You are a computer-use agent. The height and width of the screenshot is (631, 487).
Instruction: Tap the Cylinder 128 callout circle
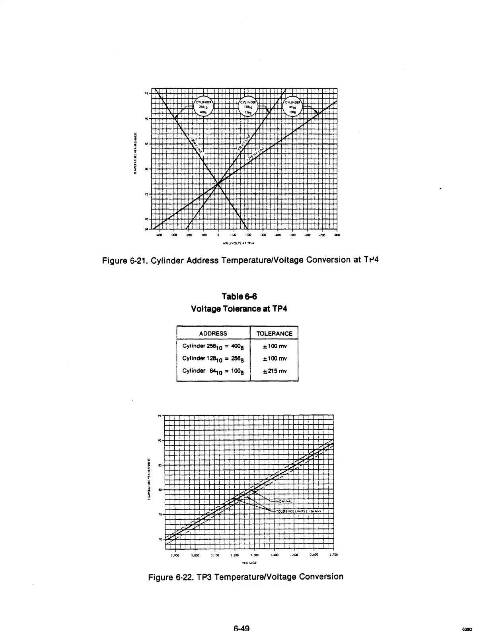click(248, 106)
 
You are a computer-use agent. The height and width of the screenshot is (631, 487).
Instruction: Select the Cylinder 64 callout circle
click(292, 106)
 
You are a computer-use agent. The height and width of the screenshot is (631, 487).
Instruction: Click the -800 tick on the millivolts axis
click(337, 235)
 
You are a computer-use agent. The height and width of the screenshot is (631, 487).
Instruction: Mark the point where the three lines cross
click(218, 183)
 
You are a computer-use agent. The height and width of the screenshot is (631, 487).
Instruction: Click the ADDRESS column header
click(213, 333)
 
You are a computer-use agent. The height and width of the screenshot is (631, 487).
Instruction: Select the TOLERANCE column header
click(274, 333)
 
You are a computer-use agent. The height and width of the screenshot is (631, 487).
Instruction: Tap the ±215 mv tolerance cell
click(274, 371)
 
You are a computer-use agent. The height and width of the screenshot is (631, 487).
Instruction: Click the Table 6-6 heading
click(239, 297)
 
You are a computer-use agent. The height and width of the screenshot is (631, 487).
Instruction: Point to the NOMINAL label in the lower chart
click(284, 501)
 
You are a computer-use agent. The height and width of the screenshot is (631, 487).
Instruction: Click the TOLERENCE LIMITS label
click(298, 511)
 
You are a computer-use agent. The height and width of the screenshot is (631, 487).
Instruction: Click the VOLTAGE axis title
click(249, 563)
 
